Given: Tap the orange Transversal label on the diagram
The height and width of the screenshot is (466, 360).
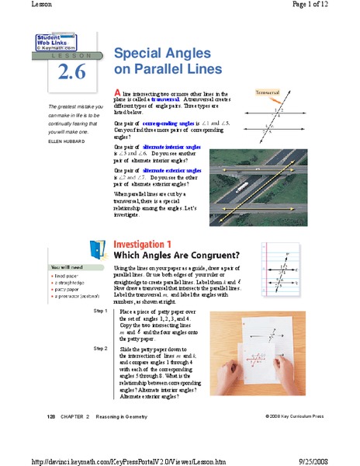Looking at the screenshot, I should (267, 92).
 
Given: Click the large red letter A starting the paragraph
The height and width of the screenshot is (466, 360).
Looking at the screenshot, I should (117, 92).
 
